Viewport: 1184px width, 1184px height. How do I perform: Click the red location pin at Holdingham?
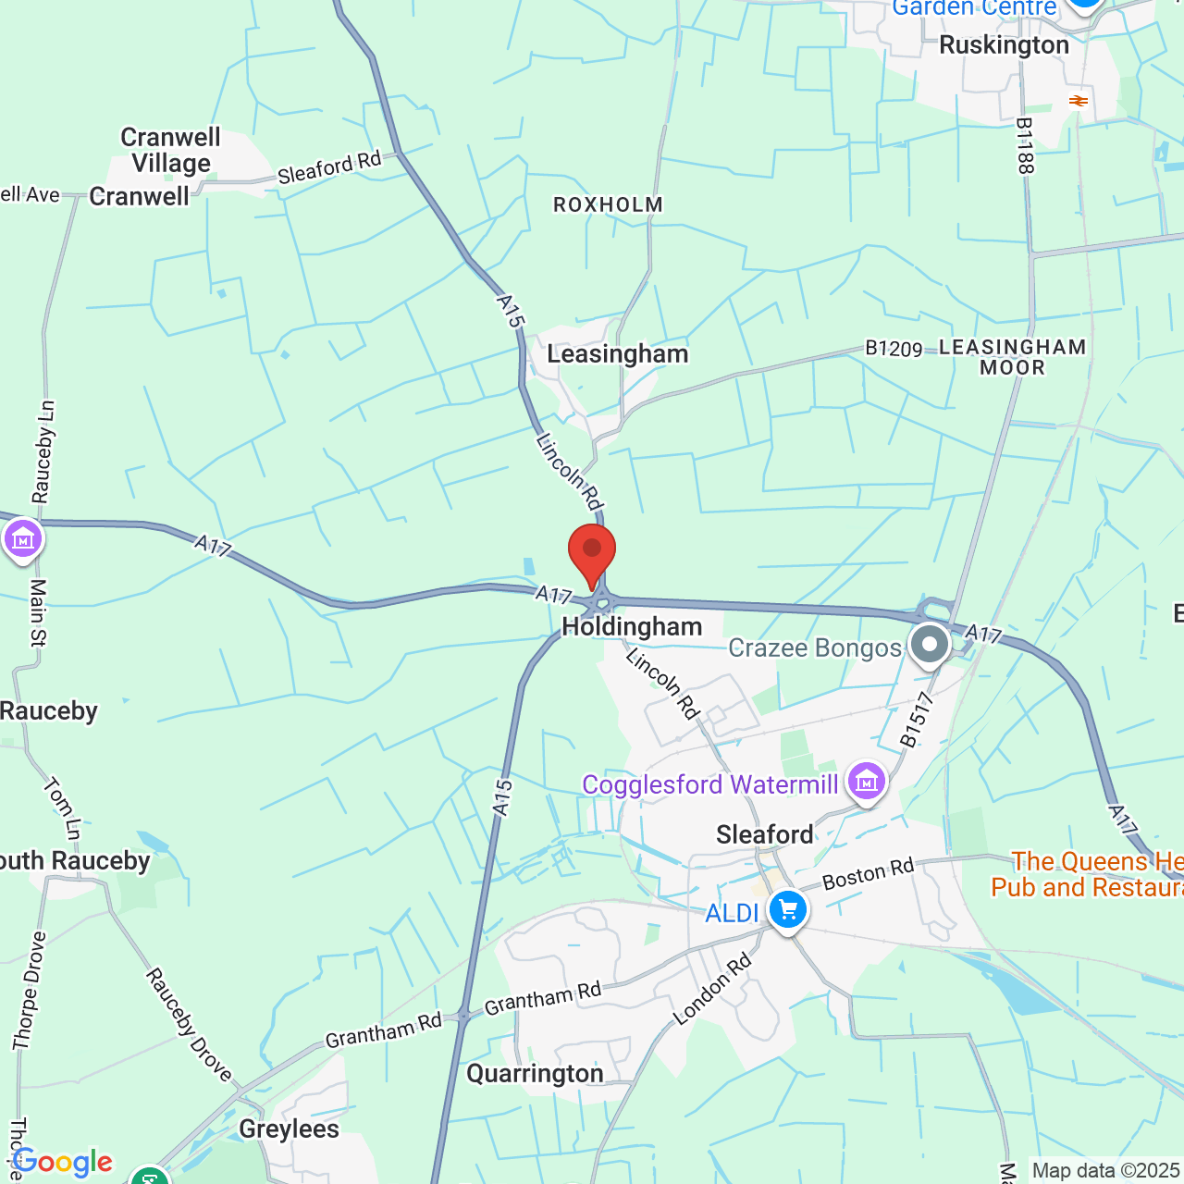(x=592, y=553)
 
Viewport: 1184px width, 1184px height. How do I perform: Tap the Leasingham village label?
(x=617, y=354)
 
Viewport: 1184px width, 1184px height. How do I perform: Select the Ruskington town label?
(x=1004, y=45)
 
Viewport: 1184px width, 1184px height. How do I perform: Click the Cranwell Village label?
(x=171, y=150)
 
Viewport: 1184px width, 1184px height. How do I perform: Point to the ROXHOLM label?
(x=608, y=204)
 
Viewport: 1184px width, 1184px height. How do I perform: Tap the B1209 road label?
(x=894, y=349)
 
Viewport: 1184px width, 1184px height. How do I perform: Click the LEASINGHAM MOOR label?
(x=1012, y=357)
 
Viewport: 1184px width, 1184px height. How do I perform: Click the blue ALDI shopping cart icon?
(x=788, y=909)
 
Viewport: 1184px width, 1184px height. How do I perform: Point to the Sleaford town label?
(x=765, y=834)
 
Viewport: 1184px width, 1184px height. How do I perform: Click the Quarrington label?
(x=535, y=1073)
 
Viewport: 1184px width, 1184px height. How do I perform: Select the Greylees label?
(x=289, y=1128)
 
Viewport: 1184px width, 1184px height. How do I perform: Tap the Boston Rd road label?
(x=868, y=873)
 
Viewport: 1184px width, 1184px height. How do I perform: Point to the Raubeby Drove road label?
(x=189, y=1025)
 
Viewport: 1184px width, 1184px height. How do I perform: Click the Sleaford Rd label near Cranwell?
(x=329, y=167)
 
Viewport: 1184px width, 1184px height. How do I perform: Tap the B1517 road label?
(x=917, y=720)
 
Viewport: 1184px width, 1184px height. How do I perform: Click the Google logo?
(x=63, y=1162)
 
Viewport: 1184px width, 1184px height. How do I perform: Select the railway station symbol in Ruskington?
(x=1078, y=100)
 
